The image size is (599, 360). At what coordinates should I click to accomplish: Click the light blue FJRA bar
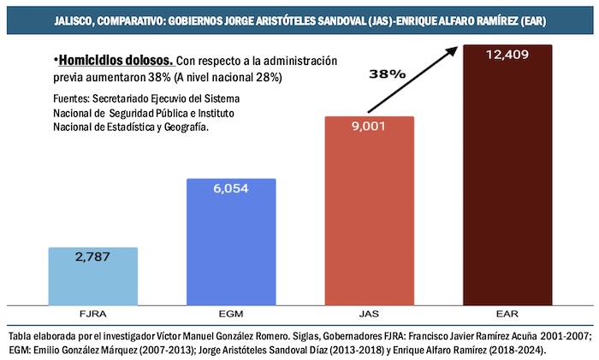pos(92,276)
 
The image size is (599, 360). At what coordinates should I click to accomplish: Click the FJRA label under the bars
pos(92,314)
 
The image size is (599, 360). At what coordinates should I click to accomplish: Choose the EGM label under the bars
pos(231,314)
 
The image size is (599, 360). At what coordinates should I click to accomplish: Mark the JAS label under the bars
pos(370,314)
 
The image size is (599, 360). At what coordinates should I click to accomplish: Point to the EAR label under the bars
pos(508,314)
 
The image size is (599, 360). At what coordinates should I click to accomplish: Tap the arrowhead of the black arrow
pos(453,49)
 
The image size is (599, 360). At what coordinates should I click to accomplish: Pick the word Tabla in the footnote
pos(18,334)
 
